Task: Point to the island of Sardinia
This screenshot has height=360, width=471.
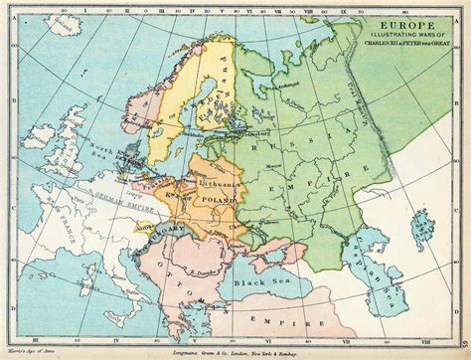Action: [112, 295]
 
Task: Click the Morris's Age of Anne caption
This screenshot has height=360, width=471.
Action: [28, 352]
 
